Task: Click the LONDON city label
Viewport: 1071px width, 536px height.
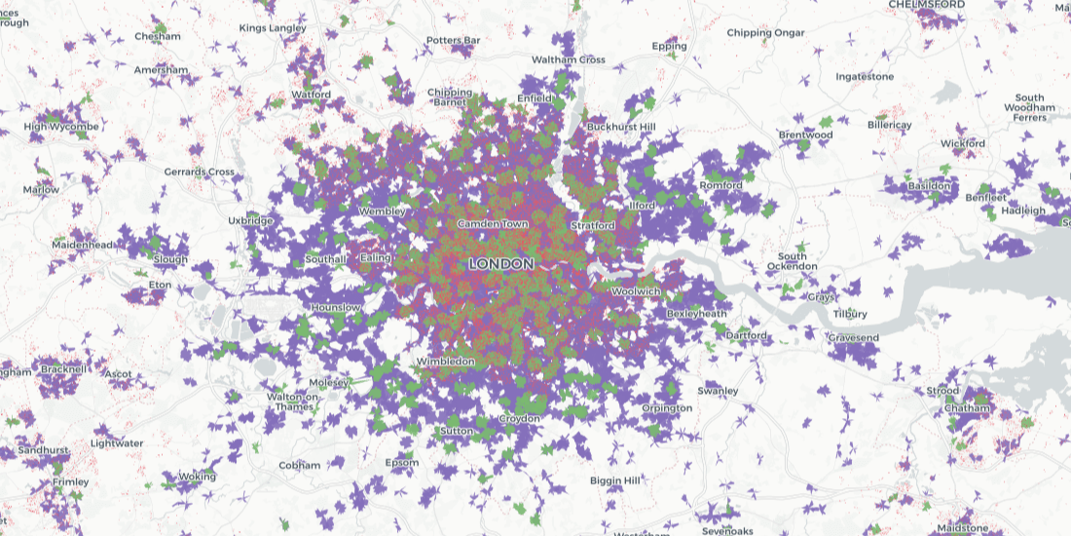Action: tap(500, 264)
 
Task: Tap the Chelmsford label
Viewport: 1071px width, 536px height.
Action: tap(926, 5)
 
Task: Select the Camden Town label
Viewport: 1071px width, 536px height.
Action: tap(493, 224)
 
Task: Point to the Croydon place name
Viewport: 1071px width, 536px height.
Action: tap(519, 418)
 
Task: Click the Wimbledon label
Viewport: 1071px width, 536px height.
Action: tap(445, 362)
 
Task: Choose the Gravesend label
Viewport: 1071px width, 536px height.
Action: tap(853, 338)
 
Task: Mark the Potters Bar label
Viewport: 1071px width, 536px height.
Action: tap(453, 40)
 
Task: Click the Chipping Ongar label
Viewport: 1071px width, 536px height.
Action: tap(765, 33)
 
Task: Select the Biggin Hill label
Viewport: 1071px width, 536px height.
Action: tap(615, 480)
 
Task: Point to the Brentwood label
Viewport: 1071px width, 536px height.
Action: tap(805, 134)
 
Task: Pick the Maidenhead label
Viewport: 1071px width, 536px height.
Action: tap(83, 244)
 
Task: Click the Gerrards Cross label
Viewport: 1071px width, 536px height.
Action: tap(199, 172)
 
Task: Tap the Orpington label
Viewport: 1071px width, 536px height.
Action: tap(667, 407)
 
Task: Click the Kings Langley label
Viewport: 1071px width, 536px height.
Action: tap(272, 28)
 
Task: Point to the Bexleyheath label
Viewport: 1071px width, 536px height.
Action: tap(697, 314)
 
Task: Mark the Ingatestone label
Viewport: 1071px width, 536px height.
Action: tap(865, 76)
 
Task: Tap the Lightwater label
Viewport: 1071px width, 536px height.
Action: tap(117, 443)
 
